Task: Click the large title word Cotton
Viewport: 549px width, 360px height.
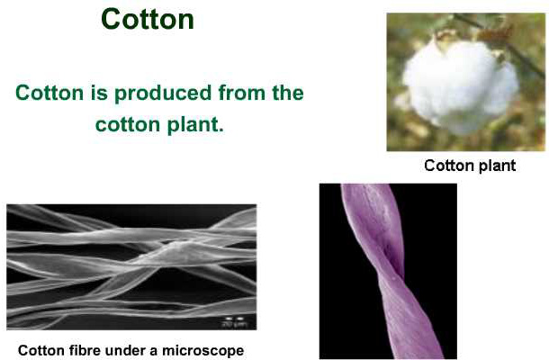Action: point(148,19)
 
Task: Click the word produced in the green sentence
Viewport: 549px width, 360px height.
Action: point(163,94)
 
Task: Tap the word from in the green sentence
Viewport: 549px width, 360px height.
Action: point(242,93)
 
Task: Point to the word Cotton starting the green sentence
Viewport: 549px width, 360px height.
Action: point(49,93)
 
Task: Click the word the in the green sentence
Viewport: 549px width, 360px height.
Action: point(288,93)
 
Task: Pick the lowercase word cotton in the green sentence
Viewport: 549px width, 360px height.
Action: point(128,125)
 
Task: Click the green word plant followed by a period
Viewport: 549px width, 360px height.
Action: point(195,125)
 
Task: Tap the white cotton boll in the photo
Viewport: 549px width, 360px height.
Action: point(460,86)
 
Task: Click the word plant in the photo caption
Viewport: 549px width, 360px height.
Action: point(497,166)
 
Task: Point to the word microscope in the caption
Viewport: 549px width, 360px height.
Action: point(203,350)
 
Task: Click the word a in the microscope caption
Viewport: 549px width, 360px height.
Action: point(154,352)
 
